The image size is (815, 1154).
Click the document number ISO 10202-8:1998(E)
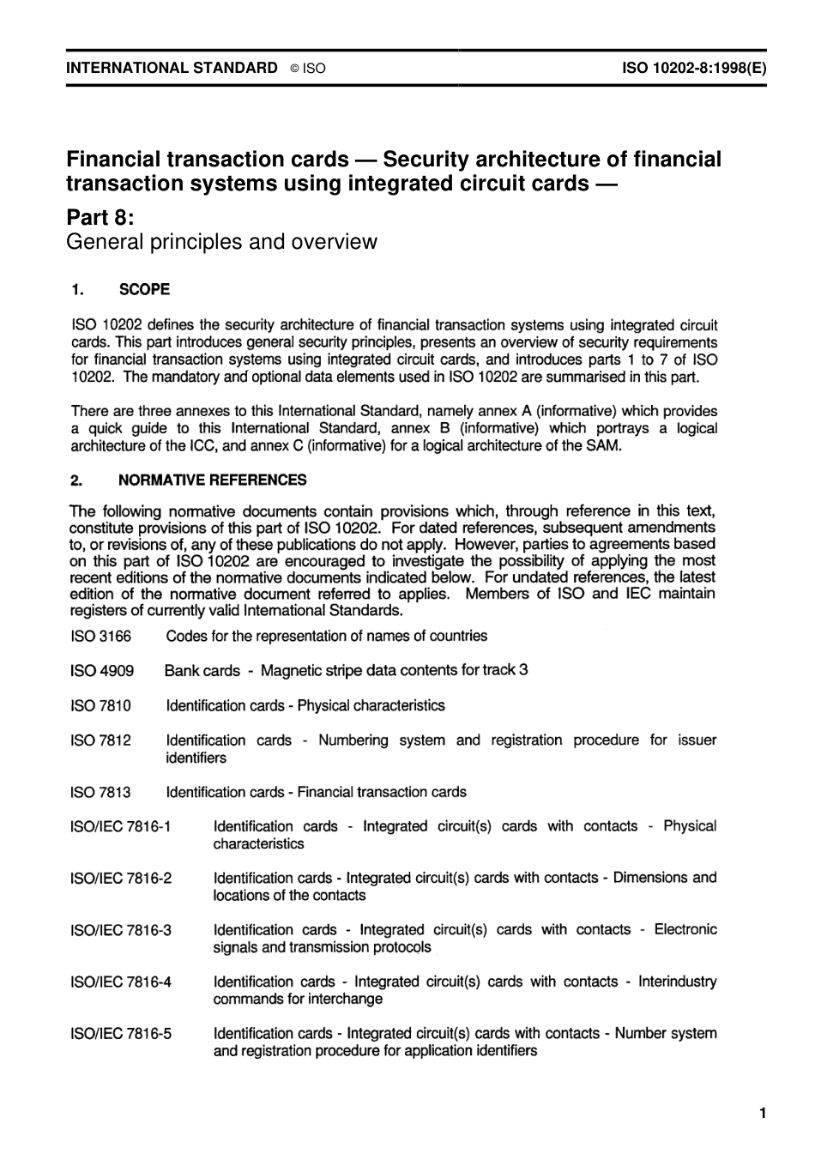pos(693,67)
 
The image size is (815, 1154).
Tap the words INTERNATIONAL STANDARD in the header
pos(172,67)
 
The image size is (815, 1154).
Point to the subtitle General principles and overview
pos(221,241)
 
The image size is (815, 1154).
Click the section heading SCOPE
pos(144,289)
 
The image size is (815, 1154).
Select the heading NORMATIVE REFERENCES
pos(212,480)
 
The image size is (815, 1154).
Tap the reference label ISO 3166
pos(100,636)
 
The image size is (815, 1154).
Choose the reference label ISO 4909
pos(101,670)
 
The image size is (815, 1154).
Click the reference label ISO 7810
pos(100,705)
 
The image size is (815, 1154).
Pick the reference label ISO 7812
pos(100,740)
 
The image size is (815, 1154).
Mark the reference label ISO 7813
pos(100,792)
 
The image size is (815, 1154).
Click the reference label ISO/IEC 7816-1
pos(121,826)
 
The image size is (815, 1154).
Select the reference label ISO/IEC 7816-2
pos(121,878)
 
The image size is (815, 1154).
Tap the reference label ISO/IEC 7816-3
pos(121,929)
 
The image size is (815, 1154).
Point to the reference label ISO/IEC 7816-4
pos(121,982)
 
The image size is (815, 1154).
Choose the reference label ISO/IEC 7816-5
pos(121,1033)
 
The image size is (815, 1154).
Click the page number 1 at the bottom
pos(762,1114)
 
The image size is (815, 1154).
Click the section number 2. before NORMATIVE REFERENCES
pos(76,480)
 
